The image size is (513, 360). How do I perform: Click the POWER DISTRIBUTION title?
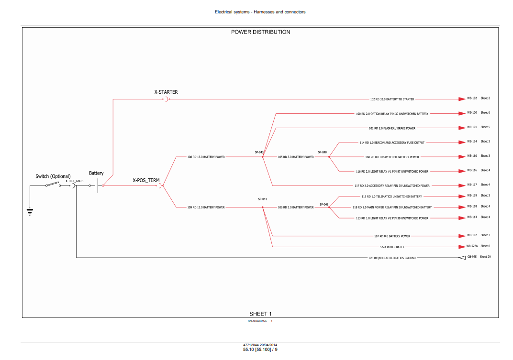(x=260, y=32)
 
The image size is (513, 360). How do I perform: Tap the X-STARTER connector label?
(x=166, y=92)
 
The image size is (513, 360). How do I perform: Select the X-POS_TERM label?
(x=146, y=181)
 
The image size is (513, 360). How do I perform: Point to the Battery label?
(x=96, y=173)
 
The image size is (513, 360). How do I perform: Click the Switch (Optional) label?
(x=53, y=176)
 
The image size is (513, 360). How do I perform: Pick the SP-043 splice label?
(x=259, y=152)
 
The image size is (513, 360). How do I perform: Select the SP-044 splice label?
(x=262, y=199)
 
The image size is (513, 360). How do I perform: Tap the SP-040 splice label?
(x=323, y=152)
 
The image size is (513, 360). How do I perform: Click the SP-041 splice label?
(x=324, y=204)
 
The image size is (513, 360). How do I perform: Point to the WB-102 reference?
(x=472, y=98)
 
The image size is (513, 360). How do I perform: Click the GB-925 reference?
(x=471, y=257)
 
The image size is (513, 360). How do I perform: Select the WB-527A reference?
(x=472, y=246)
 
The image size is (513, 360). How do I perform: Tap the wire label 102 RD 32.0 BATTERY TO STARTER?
(x=392, y=99)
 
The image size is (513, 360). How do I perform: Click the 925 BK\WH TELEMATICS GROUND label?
(x=392, y=258)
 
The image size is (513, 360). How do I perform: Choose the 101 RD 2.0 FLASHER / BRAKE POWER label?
(x=392, y=128)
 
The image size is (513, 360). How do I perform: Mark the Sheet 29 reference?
(x=485, y=257)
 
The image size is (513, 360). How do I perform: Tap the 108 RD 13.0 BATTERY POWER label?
(x=206, y=157)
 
